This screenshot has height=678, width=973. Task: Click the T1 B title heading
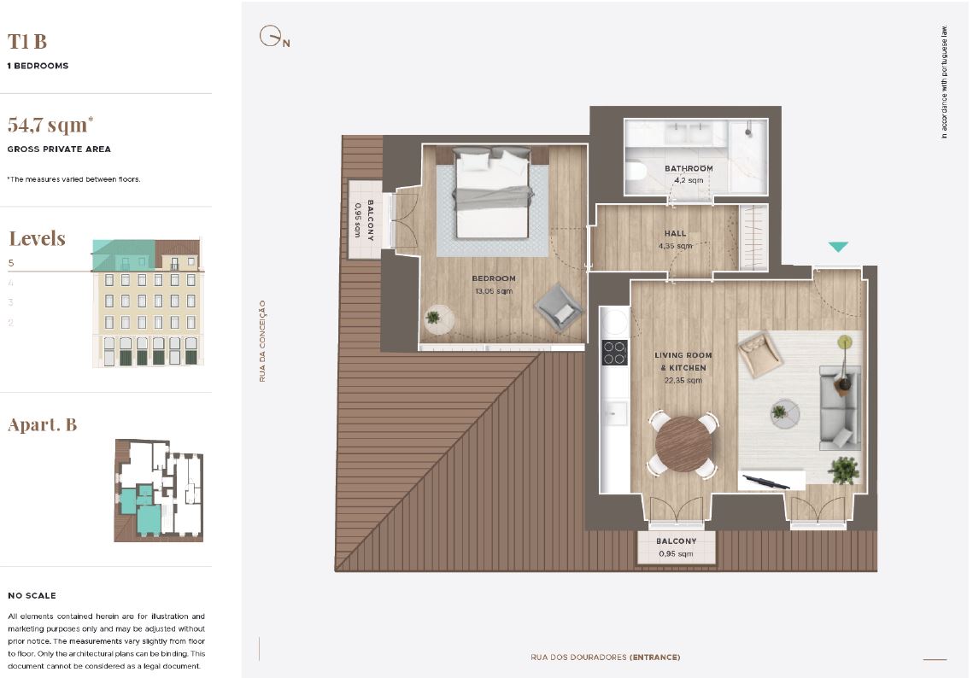pos(27,42)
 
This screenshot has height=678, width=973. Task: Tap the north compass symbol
pos(273,37)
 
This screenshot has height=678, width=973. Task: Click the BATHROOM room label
pos(689,168)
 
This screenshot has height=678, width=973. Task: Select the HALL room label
pos(675,233)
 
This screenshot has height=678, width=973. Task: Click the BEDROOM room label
pos(494,278)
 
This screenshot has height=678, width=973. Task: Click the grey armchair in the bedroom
pos(559,307)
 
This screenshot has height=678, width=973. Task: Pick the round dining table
pos(683,444)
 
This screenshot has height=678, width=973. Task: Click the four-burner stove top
pos(614,353)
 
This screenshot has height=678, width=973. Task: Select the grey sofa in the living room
pos(841,407)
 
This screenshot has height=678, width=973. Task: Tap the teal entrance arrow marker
pos(838,247)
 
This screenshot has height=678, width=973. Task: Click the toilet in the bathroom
pos(636,171)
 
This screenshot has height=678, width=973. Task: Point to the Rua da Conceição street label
pos(262,342)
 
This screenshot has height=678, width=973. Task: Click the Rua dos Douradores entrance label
pos(605,658)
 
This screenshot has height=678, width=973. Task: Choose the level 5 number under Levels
pos(11,263)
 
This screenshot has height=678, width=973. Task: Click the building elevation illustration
pos(148,302)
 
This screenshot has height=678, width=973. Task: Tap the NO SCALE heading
pos(32,595)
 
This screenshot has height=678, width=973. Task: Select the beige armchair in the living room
pos(759,354)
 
